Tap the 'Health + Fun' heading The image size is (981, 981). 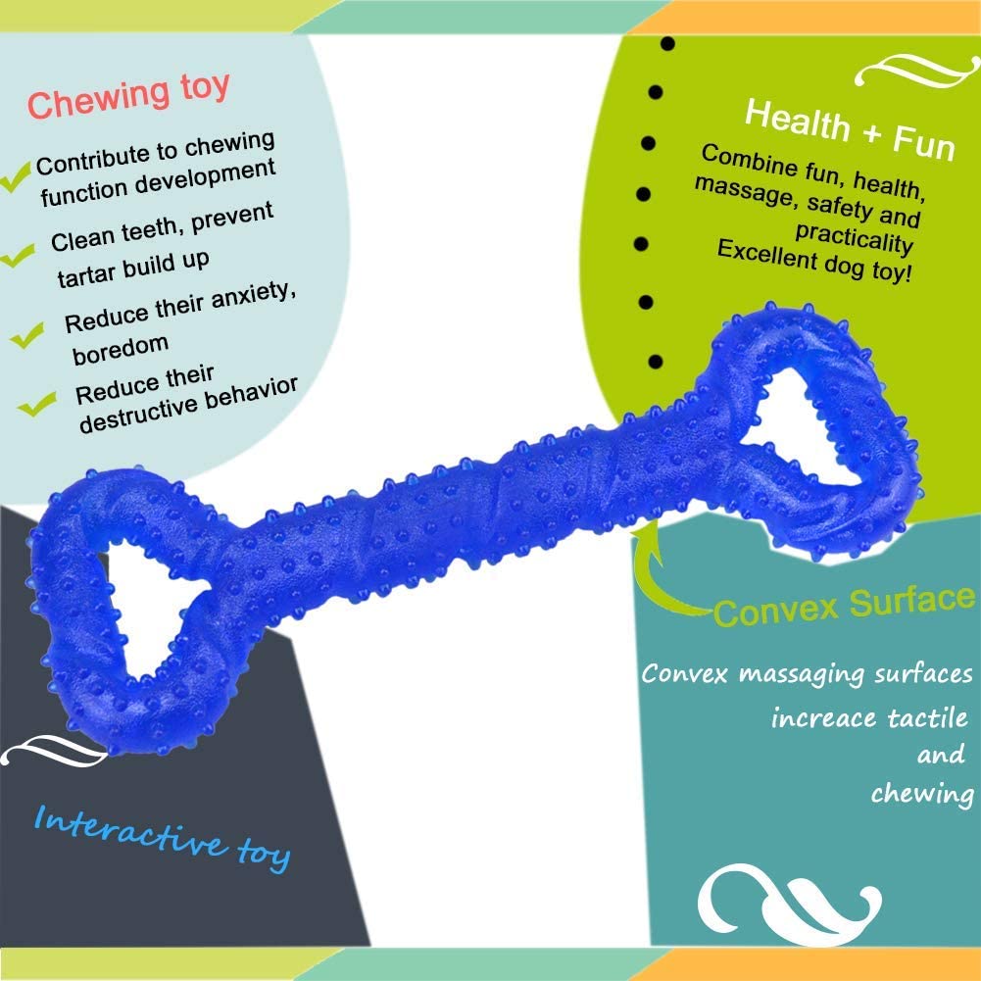tap(849, 129)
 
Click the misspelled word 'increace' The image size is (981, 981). tap(823, 718)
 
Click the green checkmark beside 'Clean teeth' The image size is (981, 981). tap(19, 257)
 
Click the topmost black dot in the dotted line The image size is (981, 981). tap(667, 45)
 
